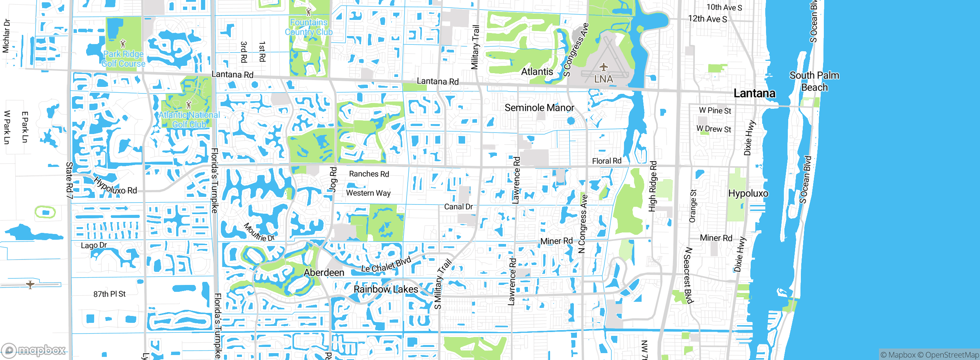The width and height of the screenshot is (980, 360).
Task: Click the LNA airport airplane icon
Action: pyautogui.click(x=604, y=67)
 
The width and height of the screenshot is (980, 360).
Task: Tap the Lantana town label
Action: pyautogui.click(x=754, y=93)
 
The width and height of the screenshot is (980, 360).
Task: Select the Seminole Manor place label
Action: pyautogui.click(x=539, y=108)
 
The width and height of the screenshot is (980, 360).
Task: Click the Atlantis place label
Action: pyautogui.click(x=537, y=72)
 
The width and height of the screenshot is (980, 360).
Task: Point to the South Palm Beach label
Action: pyautogui.click(x=814, y=81)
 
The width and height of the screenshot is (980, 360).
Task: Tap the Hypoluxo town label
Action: pyautogui.click(x=748, y=193)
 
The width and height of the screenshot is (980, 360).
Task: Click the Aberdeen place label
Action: pyautogui.click(x=324, y=273)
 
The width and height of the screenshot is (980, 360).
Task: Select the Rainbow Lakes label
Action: pyautogui.click(x=385, y=289)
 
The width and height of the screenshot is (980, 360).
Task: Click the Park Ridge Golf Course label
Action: pyautogui.click(x=123, y=59)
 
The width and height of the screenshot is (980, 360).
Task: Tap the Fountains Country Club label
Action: pyautogui.click(x=309, y=27)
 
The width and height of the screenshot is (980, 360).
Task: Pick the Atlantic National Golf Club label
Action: pyautogui.click(x=189, y=119)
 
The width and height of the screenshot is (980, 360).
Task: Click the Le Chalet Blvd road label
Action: pyautogui.click(x=386, y=265)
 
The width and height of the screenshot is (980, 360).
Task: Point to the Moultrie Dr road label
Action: pyautogui.click(x=259, y=232)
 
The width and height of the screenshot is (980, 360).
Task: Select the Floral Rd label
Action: pyautogui.click(x=606, y=161)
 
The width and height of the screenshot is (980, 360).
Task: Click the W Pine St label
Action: pyautogui.click(x=715, y=111)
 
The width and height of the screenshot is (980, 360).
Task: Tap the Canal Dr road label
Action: pyautogui.click(x=458, y=207)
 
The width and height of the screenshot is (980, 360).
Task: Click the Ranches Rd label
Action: pyautogui.click(x=369, y=174)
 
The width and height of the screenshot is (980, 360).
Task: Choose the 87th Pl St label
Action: pyautogui.click(x=109, y=294)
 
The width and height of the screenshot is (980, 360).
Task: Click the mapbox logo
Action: pyautogui.click(x=34, y=350)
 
